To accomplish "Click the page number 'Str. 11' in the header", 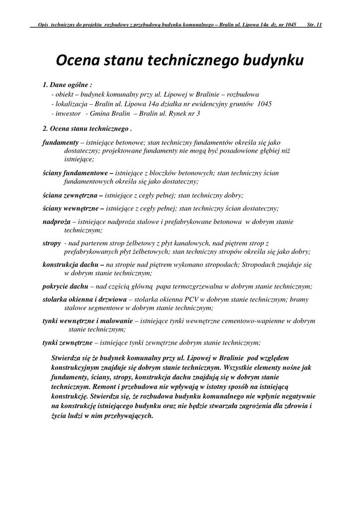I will coord(315,24).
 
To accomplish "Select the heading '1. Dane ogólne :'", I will coord(68,85).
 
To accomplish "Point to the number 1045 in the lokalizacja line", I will coord(265,104).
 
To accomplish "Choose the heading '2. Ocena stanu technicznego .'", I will coord(87,128).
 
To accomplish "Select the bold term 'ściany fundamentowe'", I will coord(75,173).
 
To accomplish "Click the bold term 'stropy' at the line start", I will coord(52,243).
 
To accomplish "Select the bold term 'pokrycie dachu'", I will coord(65,286).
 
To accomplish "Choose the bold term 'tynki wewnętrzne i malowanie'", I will coord(87,321).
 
